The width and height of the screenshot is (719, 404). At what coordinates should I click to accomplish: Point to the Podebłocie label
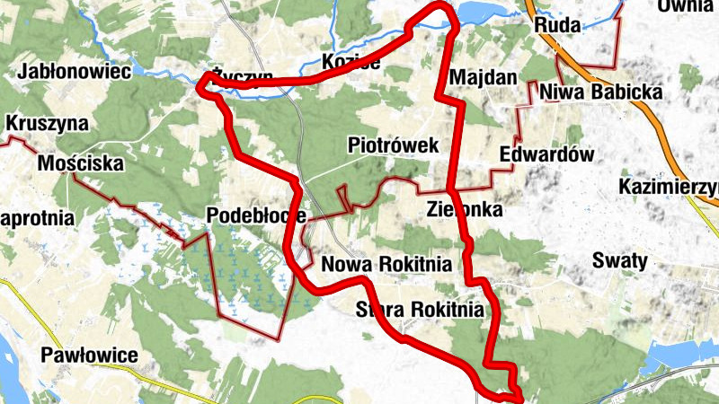coord(255,215)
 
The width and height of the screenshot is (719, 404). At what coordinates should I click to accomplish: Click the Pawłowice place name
coord(90,355)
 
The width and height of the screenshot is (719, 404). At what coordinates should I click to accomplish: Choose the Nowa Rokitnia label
coord(386,265)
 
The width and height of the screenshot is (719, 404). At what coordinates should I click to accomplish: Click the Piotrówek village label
coord(393,145)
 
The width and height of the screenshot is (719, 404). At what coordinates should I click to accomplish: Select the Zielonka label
coord(464,209)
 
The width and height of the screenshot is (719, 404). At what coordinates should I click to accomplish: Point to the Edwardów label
coord(547,154)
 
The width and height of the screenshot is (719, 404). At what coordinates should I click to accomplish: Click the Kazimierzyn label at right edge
coord(670,187)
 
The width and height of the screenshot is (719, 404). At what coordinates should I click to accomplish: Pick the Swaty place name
coord(620,260)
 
